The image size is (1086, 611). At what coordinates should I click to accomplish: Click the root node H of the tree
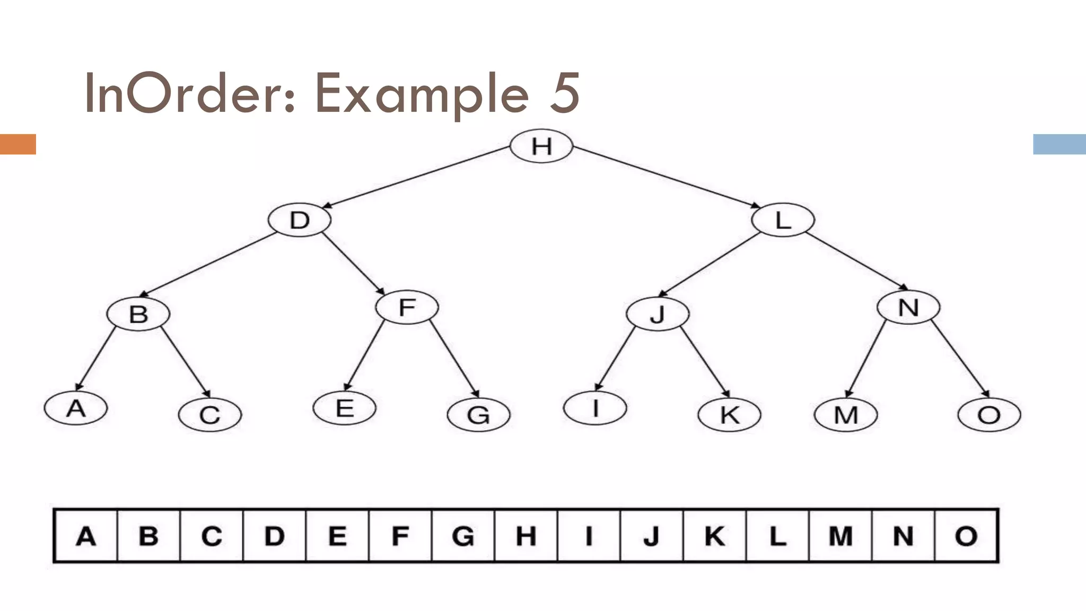click(x=541, y=146)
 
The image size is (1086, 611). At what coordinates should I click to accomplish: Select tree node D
click(x=300, y=220)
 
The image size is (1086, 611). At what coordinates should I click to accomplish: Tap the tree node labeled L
click(x=783, y=220)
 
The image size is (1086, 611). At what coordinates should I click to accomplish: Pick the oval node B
click(x=138, y=314)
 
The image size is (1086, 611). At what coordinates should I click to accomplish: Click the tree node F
click(x=407, y=307)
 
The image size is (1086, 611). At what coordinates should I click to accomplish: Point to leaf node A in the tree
click(x=76, y=408)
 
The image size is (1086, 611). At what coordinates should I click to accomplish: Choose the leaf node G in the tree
click(x=478, y=415)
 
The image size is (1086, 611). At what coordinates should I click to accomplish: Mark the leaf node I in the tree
click(x=595, y=408)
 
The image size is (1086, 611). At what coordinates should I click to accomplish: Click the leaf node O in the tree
click(x=989, y=415)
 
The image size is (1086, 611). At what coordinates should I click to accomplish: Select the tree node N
click(x=908, y=307)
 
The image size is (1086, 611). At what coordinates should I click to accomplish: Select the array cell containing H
click(x=526, y=536)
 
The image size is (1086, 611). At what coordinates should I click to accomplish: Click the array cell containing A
click(x=86, y=536)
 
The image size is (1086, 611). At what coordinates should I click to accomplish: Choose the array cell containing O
click(x=966, y=536)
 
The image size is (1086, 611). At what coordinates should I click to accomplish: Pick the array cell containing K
click(x=714, y=536)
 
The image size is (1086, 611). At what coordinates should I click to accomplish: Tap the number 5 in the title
click(x=564, y=94)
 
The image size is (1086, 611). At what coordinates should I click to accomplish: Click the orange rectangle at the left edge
click(x=17, y=144)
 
